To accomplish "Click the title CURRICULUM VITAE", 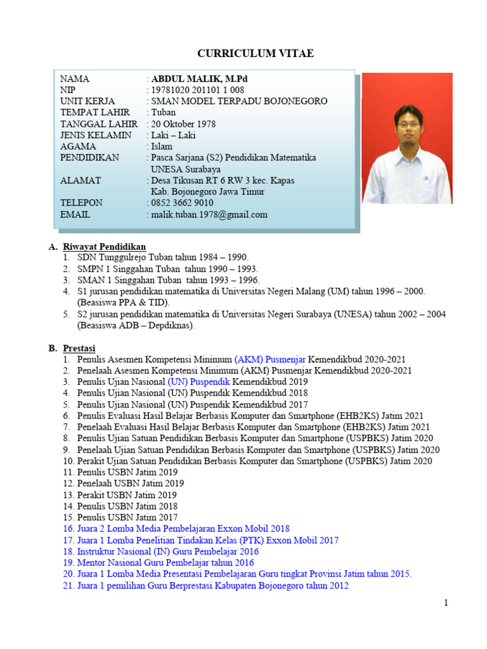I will (x=255, y=54).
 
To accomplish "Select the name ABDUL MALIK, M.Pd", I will (x=196, y=79).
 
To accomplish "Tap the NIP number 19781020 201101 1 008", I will (x=198, y=91).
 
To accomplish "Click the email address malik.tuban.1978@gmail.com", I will (x=209, y=215).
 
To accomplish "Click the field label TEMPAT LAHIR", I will (x=95, y=113).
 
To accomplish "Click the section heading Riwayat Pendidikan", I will (x=104, y=246).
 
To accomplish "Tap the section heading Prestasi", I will (x=79, y=348).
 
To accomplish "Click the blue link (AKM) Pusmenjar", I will (x=269, y=359).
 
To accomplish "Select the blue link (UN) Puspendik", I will (x=199, y=382).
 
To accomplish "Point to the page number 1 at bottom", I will (x=446, y=603).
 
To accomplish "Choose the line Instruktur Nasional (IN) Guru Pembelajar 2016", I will (x=169, y=551).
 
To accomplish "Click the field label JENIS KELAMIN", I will (x=96, y=136).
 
